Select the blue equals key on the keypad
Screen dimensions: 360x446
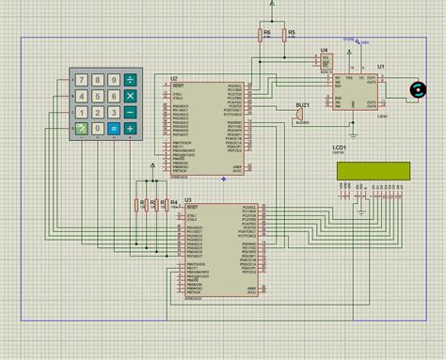[114, 129]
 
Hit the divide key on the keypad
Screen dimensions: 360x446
[130, 80]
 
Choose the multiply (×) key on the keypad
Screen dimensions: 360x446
[130, 96]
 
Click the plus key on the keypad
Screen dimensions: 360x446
[130, 129]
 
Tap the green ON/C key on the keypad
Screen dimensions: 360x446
[82, 129]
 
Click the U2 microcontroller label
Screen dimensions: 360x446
[173, 78]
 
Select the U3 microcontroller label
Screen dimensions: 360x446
[188, 199]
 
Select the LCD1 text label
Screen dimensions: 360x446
[340, 148]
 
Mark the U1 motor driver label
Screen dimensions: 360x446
[381, 66]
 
